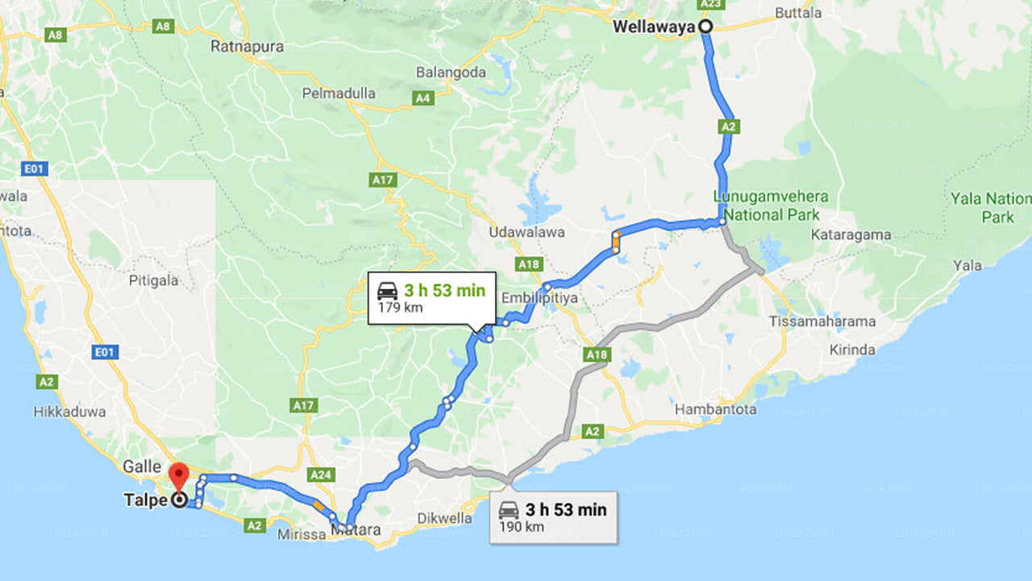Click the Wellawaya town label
[x=653, y=27]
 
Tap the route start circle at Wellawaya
[x=705, y=27]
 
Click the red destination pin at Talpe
[x=178, y=474]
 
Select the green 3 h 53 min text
[x=445, y=290]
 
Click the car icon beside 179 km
[x=388, y=290]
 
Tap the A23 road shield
[x=709, y=4]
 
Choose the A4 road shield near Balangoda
[x=422, y=98]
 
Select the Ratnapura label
[x=247, y=47]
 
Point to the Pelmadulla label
[x=339, y=94]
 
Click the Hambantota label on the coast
[x=716, y=409]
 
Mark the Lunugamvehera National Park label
[x=771, y=206]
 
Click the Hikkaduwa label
[x=69, y=412]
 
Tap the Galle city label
[x=143, y=466]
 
